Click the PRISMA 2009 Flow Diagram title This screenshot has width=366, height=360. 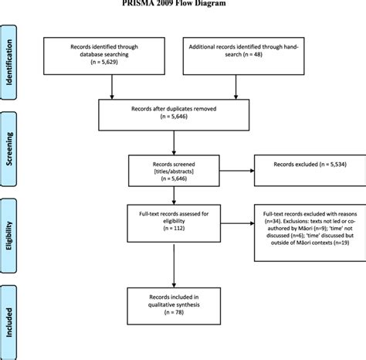182,3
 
